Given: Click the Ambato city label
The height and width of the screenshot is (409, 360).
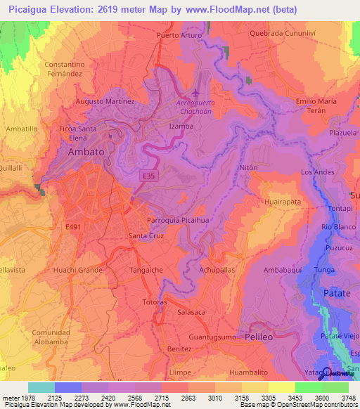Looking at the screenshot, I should [x=86, y=151].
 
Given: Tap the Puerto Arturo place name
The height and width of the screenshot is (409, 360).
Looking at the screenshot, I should [x=179, y=35].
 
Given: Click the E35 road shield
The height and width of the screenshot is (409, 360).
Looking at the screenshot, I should [x=149, y=176].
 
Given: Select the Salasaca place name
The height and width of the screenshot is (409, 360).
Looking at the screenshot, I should [x=192, y=312].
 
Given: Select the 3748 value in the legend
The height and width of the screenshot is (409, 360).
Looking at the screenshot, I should [x=348, y=398].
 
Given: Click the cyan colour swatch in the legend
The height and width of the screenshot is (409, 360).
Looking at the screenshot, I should [x=41, y=387].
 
